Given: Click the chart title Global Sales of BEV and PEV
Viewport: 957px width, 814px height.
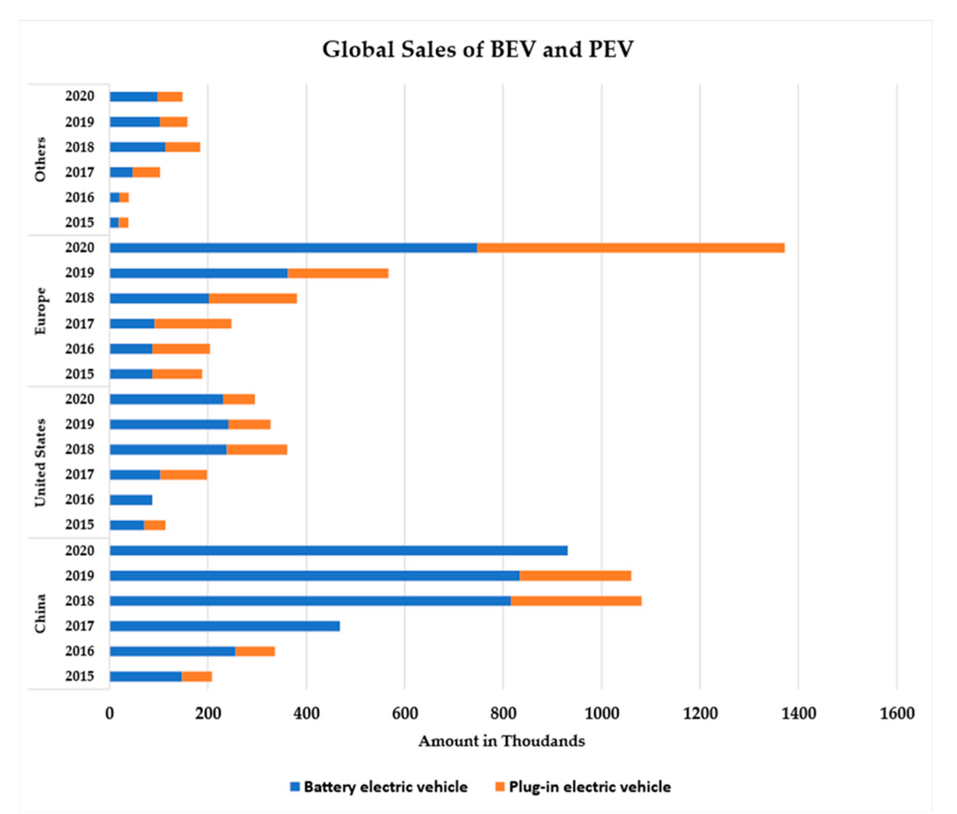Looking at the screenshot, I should coord(478,49).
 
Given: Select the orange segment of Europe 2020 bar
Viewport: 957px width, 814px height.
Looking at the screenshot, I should coord(630,248).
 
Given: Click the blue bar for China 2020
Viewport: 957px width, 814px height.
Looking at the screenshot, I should coord(338,550).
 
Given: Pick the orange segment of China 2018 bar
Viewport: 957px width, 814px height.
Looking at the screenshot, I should coord(576,601).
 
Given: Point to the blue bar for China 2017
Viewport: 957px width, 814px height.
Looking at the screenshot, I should coord(225,626).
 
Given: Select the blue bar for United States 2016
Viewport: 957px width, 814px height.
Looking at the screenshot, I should coord(131,500).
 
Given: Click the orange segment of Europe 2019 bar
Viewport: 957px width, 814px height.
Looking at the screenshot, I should coord(338,273).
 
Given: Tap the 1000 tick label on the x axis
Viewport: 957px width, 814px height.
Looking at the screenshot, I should coord(602,714).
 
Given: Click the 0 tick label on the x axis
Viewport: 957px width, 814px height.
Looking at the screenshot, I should coord(109,714).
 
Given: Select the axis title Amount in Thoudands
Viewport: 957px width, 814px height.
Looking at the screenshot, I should coord(502,741).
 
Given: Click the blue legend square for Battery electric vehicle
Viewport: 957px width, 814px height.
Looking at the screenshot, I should coord(295,787).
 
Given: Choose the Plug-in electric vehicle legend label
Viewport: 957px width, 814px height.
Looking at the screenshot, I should coord(589,787).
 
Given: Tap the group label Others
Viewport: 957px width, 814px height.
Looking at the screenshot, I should coord(41,159).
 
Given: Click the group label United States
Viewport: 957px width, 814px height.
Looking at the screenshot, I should coord(41,462).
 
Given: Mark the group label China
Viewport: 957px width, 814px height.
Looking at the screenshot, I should coord(41,613).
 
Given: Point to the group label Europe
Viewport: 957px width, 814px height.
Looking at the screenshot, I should coord(41,311).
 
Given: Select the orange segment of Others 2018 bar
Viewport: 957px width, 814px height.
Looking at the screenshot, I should coord(183,147).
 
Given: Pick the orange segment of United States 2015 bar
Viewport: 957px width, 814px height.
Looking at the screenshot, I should coord(154,525).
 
